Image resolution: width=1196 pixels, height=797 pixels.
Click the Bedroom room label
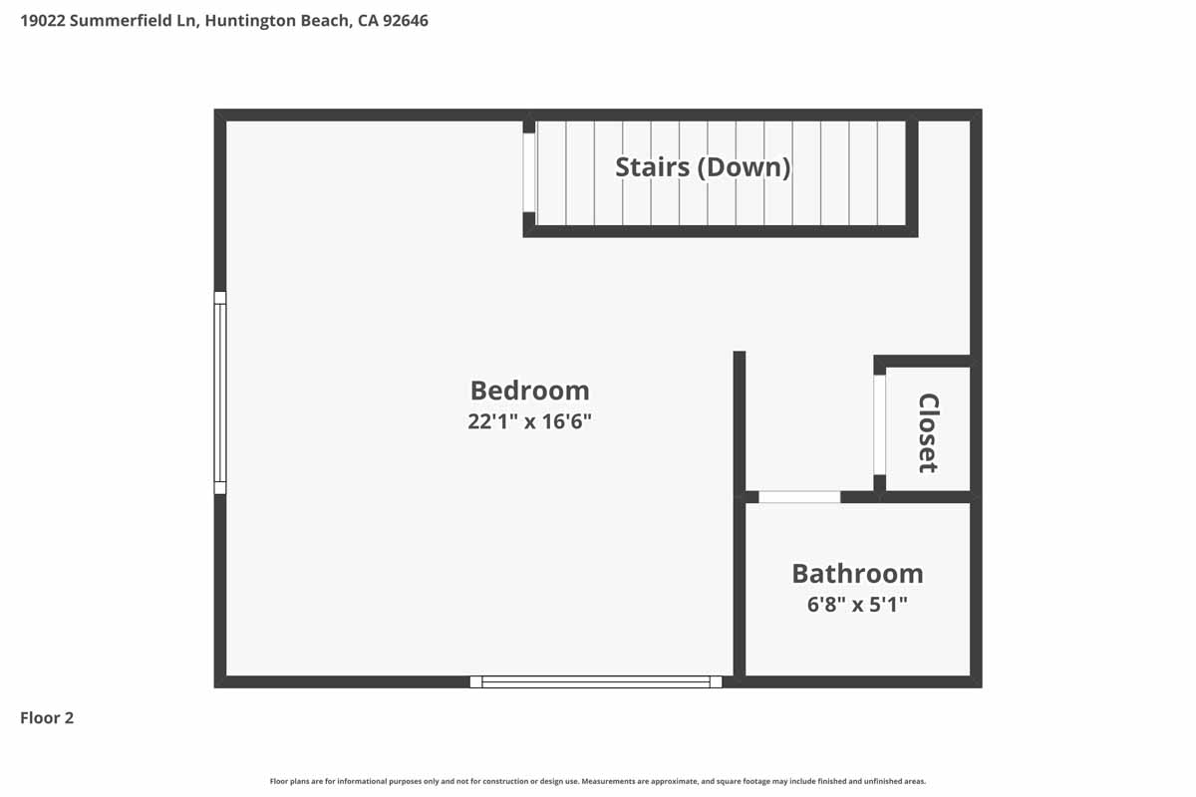tap(529, 390)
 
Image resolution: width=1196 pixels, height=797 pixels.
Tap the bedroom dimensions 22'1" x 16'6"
tap(529, 421)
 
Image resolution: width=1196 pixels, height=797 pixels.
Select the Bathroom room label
tap(857, 574)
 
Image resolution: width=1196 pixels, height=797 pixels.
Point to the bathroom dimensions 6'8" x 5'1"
tap(857, 604)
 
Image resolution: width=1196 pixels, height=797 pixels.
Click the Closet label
tap(928, 432)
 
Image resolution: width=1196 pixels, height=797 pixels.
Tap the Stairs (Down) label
tap(703, 166)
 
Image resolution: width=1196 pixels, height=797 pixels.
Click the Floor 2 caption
tap(47, 717)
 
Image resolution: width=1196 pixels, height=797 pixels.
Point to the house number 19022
tap(43, 20)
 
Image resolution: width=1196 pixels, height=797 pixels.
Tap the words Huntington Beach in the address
tap(275, 20)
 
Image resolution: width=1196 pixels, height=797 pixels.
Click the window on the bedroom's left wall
tap(220, 393)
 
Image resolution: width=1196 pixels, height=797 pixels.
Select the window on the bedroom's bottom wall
tap(596, 682)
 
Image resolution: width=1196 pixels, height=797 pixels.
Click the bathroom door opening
tap(799, 496)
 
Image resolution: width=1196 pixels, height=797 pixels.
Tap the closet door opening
tap(879, 424)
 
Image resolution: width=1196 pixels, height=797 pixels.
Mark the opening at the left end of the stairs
tap(529, 171)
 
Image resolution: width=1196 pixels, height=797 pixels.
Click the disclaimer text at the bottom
tap(598, 781)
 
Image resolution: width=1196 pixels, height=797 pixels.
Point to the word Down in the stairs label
tap(748, 166)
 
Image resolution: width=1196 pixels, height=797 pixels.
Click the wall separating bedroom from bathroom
tap(740, 588)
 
